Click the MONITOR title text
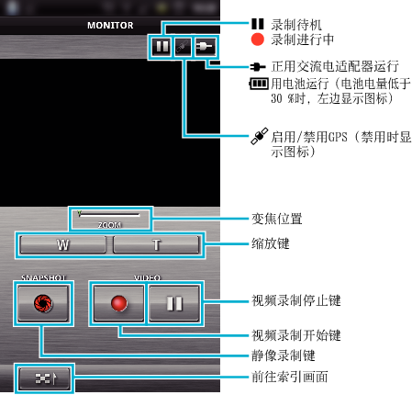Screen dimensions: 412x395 (x=110, y=25)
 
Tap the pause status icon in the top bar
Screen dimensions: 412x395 (x=161, y=47)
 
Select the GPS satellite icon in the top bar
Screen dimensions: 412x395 (x=183, y=47)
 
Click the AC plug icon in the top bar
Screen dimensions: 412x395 (x=205, y=47)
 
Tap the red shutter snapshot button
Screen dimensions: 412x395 (x=43, y=303)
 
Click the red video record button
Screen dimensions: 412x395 (x=118, y=303)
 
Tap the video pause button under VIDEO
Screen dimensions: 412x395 (x=174, y=303)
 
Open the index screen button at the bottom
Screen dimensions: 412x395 (x=44, y=378)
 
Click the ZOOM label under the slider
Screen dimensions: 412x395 (x=109, y=225)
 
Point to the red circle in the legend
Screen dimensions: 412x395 (x=258, y=39)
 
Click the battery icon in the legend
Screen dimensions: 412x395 (x=259, y=84)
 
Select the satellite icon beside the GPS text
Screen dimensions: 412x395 (x=260, y=136)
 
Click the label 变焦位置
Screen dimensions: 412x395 (x=277, y=219)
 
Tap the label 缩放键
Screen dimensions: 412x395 (x=271, y=243)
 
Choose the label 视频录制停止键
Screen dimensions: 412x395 (x=296, y=300)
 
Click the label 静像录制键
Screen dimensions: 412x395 (x=284, y=355)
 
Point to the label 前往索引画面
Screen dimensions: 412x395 (x=290, y=377)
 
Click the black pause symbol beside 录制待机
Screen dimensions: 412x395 (x=258, y=24)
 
